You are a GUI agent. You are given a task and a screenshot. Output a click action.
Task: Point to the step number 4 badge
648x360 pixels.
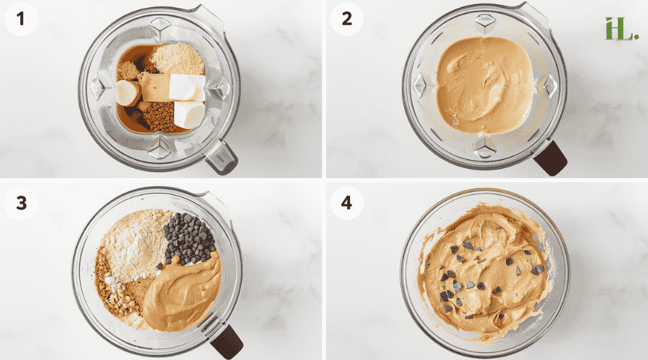tap(346, 202)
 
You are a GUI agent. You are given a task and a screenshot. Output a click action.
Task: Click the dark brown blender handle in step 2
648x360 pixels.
tap(552, 158)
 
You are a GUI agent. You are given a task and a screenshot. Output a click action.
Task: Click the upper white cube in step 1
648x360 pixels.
tap(186, 86)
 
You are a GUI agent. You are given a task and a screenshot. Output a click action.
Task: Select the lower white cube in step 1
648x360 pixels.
tap(189, 114)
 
